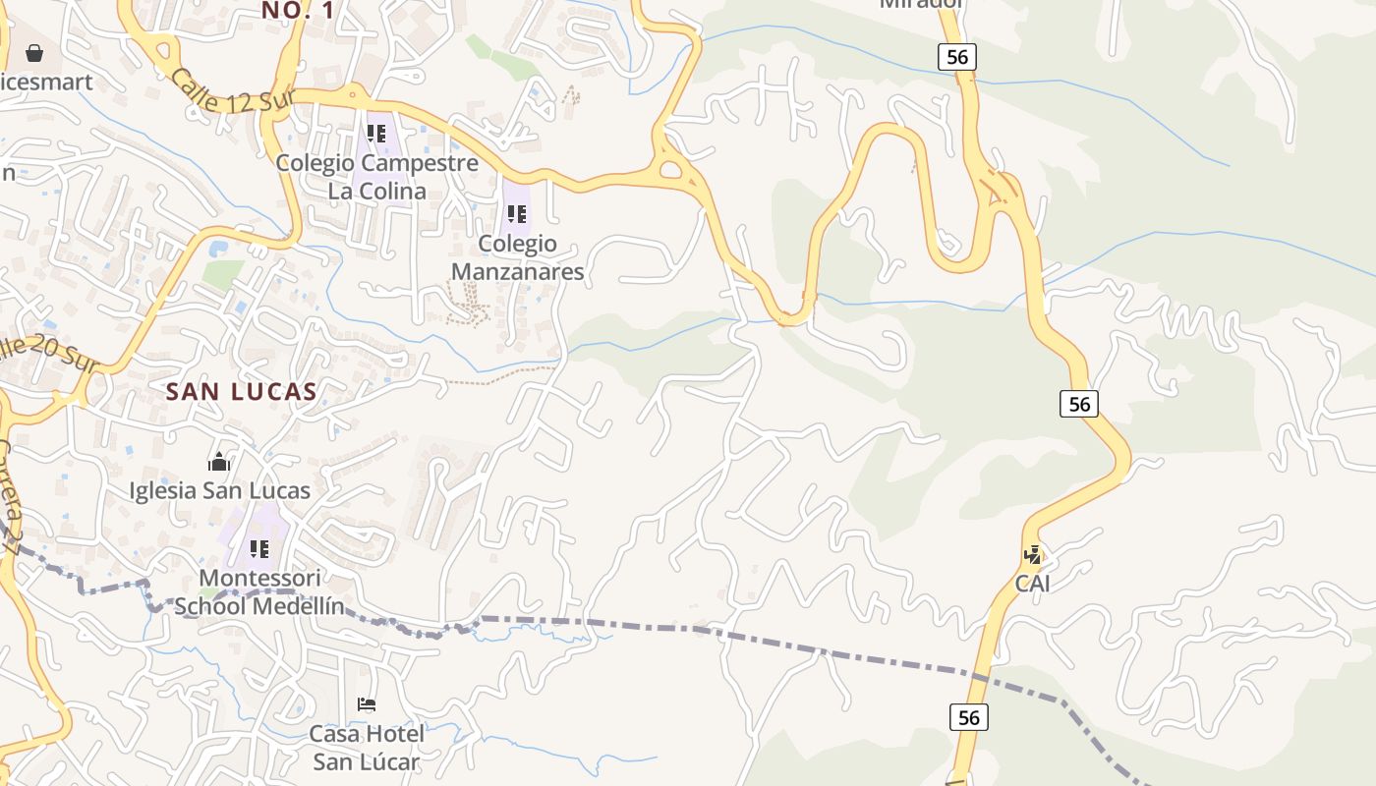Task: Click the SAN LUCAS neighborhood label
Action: [241, 391]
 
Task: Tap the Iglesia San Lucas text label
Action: [220, 490]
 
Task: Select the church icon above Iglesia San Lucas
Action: [219, 461]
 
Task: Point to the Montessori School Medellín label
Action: [259, 591]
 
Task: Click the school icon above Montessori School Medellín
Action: [259, 548]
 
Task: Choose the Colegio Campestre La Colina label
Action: [377, 177]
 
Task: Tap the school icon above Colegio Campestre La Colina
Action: [376, 133]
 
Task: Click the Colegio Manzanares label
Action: [518, 257]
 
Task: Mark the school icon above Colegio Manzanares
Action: [517, 213]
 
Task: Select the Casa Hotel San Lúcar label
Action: [367, 748]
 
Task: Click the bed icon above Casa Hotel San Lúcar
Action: [367, 703]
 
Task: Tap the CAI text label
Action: [1032, 584]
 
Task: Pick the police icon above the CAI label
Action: [1032, 554]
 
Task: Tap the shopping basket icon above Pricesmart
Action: [34, 53]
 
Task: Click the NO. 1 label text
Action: [298, 11]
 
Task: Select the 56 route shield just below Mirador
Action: [957, 57]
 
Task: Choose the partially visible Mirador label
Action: [921, 4]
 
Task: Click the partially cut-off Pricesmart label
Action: [46, 82]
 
